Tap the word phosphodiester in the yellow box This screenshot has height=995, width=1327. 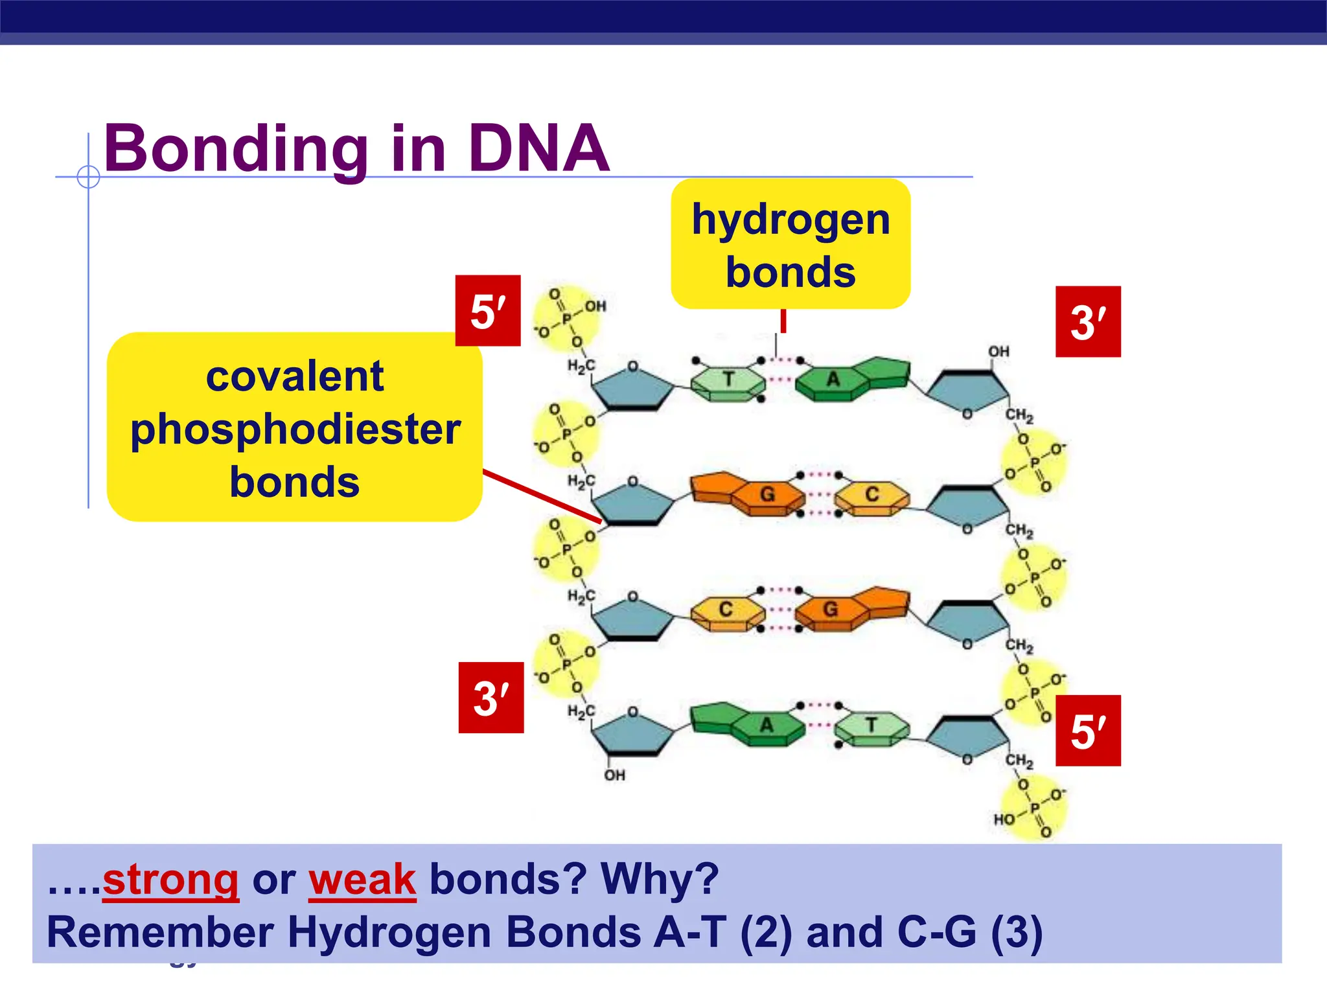click(x=295, y=429)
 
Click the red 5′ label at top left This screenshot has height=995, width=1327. click(x=488, y=311)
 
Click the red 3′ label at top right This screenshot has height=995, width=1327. click(x=1088, y=322)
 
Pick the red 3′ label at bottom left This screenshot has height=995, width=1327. click(x=491, y=698)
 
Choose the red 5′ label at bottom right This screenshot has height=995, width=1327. click(x=1088, y=731)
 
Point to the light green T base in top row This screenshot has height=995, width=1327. click(x=728, y=380)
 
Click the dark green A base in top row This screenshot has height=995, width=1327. click(x=833, y=380)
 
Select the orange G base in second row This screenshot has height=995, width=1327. click(x=767, y=495)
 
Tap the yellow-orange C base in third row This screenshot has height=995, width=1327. click(x=726, y=610)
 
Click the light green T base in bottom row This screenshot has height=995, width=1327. click(x=871, y=726)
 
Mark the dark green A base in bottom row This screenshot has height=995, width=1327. click(x=767, y=726)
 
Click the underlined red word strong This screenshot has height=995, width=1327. click(x=171, y=880)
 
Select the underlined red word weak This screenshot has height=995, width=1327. click(x=362, y=880)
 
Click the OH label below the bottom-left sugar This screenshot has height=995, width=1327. click(x=614, y=775)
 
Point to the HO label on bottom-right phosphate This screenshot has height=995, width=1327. click(x=1004, y=819)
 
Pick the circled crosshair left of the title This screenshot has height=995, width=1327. click(x=88, y=176)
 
